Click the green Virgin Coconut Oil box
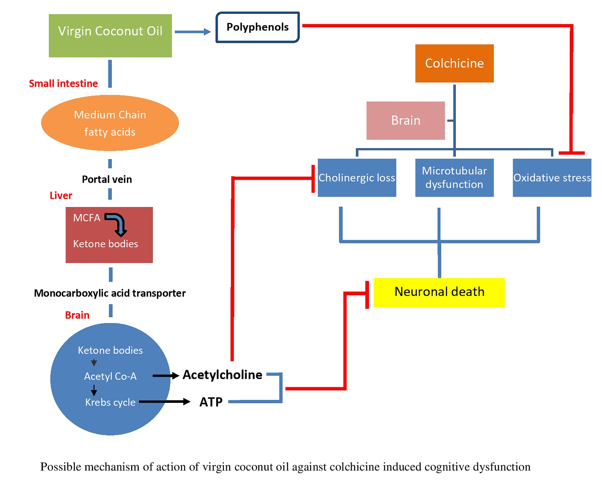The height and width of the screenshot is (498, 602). pyautogui.click(x=110, y=36)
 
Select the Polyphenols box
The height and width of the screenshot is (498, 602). pyautogui.click(x=257, y=27)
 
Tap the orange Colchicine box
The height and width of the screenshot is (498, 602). pyautogui.click(x=454, y=63)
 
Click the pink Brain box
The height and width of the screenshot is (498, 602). pyautogui.click(x=405, y=121)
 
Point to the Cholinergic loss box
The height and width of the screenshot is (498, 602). pyautogui.click(x=357, y=178)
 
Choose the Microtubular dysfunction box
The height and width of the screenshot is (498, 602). pyautogui.click(x=454, y=178)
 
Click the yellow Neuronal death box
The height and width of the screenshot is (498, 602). pyautogui.click(x=439, y=292)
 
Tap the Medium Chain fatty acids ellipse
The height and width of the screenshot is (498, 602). pyautogui.click(x=110, y=123)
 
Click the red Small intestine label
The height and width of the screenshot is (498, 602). pyautogui.click(x=63, y=84)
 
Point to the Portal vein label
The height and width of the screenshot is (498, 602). pyautogui.click(x=107, y=180)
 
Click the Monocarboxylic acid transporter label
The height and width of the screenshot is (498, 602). pyautogui.click(x=110, y=293)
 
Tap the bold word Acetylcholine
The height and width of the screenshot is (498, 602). pyautogui.click(x=222, y=375)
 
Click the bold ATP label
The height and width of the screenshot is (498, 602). pyautogui.click(x=211, y=402)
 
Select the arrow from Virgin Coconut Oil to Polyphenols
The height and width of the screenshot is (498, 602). pyautogui.click(x=193, y=32)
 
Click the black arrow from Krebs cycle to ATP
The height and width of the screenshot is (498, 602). pyautogui.click(x=165, y=401)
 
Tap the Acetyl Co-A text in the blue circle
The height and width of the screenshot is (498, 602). pyautogui.click(x=110, y=376)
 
